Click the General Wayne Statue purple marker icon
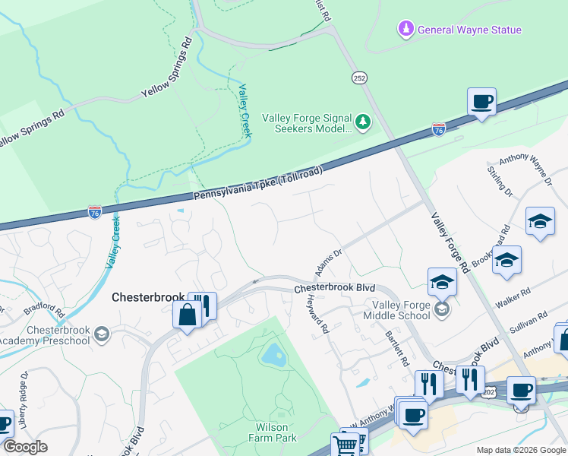click(405, 30)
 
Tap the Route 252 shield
click(360, 78)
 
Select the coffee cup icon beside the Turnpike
click(481, 101)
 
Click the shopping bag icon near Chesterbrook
click(186, 314)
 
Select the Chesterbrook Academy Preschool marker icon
click(102, 334)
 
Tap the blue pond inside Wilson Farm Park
click(270, 354)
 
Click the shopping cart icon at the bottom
click(345, 445)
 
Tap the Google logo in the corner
click(24, 447)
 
